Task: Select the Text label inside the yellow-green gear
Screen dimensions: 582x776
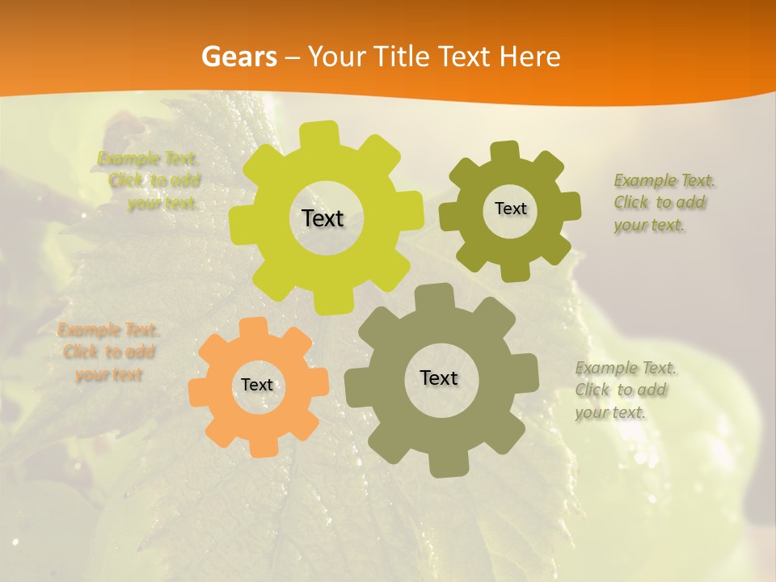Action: click(x=323, y=218)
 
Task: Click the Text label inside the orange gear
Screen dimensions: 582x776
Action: click(x=257, y=385)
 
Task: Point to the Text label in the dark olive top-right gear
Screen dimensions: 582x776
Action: click(x=510, y=209)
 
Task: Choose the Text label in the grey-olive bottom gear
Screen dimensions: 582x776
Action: click(x=439, y=377)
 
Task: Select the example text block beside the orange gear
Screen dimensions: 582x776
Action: click(x=108, y=352)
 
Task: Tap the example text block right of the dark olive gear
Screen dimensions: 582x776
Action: click(x=660, y=203)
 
